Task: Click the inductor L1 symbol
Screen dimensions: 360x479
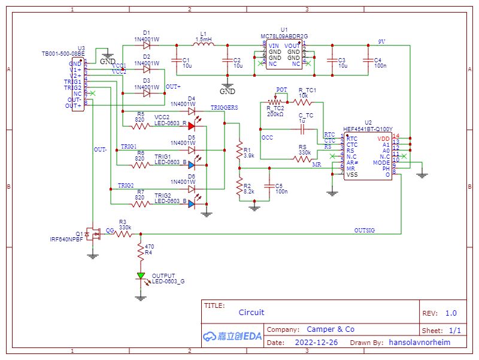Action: [x=204, y=46]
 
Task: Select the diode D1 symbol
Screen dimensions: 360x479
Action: [x=146, y=46]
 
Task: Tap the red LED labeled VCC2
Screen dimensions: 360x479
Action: [x=190, y=126]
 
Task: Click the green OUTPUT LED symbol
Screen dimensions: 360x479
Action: [x=141, y=276]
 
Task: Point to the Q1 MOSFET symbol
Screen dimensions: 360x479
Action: [x=93, y=234]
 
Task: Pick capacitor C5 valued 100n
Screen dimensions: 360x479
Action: [x=270, y=187]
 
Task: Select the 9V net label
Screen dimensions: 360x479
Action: [x=381, y=41]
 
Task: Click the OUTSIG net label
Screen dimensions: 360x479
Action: [x=365, y=230]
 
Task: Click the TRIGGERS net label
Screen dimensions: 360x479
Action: [x=224, y=107]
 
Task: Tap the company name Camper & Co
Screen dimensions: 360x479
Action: [x=330, y=329]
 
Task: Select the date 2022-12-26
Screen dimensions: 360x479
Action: [x=316, y=343]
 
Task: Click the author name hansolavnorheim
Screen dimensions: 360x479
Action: [x=419, y=343]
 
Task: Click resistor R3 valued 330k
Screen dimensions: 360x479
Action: [x=125, y=234]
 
